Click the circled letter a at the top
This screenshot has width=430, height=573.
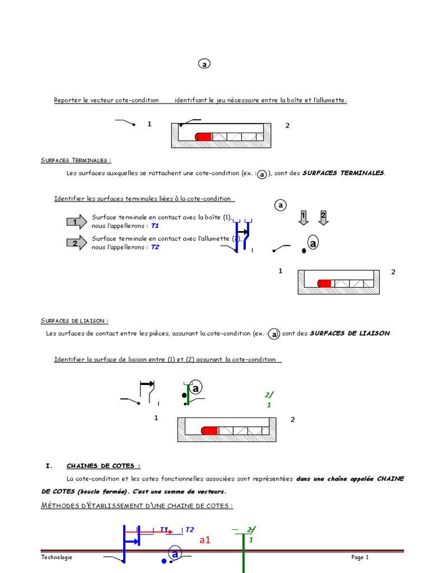point(204,64)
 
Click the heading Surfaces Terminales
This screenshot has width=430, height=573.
point(76,161)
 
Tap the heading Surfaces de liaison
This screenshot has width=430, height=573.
point(74,321)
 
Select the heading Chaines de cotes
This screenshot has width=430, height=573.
point(103,466)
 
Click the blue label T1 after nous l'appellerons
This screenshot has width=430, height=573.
point(155,226)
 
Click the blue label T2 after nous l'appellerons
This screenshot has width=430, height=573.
point(155,246)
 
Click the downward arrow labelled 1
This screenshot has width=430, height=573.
point(303,217)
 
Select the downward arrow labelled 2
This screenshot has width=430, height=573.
point(323,217)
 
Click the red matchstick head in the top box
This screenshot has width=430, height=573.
point(203,137)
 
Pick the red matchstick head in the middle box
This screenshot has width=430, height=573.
point(325,283)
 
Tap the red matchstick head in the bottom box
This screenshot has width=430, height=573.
point(209,430)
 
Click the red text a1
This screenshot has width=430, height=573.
point(205,541)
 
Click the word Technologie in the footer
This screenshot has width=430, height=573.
point(57,557)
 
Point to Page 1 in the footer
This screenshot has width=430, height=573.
point(360,557)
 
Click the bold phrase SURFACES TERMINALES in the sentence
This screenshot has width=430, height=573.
point(343,173)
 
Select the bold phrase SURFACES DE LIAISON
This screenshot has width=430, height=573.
point(349,333)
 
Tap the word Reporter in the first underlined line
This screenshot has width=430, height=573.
point(67,100)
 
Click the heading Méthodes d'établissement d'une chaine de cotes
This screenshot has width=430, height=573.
point(137,506)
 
